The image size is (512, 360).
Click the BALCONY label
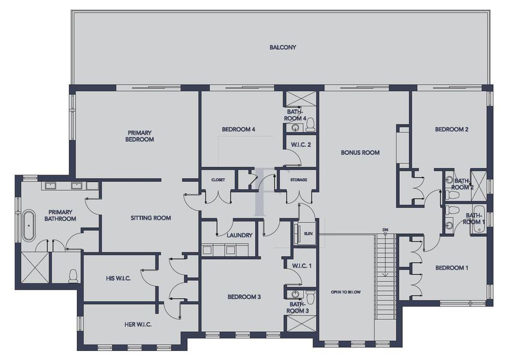pos(282,47)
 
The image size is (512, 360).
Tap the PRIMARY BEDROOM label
pos(140,136)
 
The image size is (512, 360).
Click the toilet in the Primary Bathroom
pos(73,275)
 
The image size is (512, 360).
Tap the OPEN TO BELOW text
pos(346,292)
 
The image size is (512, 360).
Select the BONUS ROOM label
pos(360,152)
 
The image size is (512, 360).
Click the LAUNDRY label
pos(239,235)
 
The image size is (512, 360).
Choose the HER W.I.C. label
pos(133,325)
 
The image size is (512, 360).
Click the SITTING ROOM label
pos(151,218)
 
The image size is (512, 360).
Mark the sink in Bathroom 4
pos(295,128)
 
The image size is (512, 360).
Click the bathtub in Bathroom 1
pos(475,224)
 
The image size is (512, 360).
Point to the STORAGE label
pos(298,180)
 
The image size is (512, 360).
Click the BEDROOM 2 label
pos(451,129)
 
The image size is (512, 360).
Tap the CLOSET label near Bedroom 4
pos(217,180)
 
